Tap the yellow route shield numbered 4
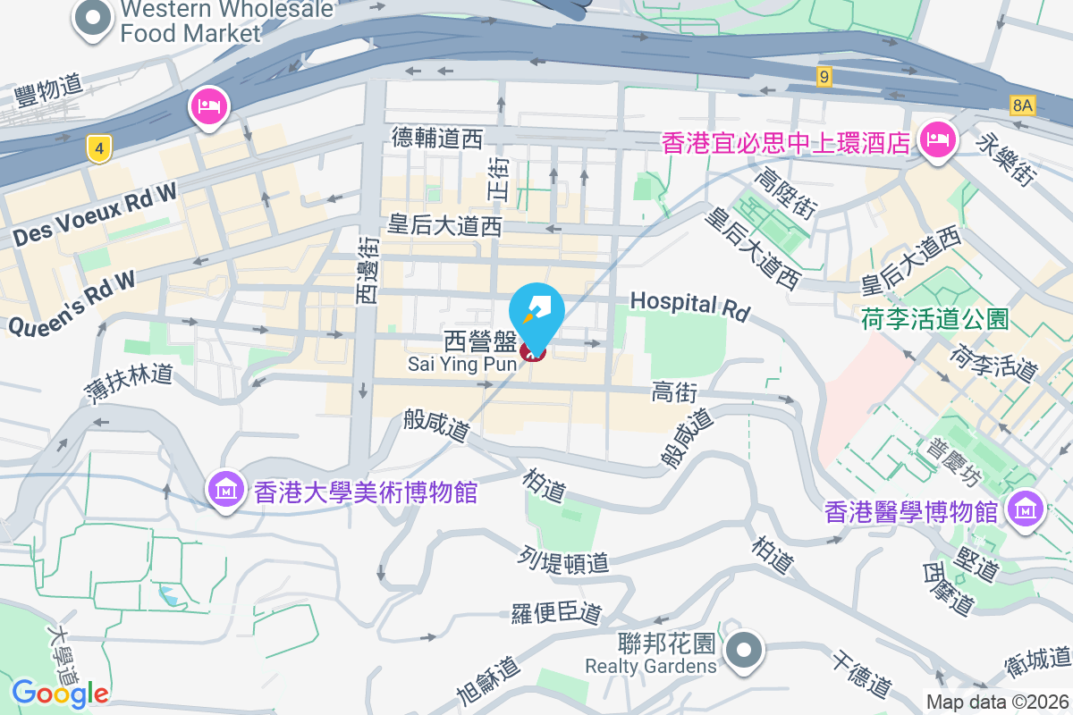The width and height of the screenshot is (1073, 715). [98, 148]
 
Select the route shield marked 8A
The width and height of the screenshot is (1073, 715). [1022, 105]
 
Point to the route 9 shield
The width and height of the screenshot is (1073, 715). [824, 78]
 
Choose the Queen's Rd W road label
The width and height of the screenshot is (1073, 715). [72, 304]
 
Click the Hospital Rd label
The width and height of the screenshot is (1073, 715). [689, 305]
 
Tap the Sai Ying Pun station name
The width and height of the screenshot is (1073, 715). [461, 364]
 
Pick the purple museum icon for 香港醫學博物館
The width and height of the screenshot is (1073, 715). [1023, 509]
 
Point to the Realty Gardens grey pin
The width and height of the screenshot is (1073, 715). [744, 651]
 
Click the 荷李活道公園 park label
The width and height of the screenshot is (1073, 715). [935, 318]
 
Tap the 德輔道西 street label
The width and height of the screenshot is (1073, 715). [437, 138]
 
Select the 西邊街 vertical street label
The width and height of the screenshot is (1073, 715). [368, 268]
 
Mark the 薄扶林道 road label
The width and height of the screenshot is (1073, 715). [131, 383]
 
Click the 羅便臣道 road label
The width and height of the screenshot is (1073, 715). [556, 614]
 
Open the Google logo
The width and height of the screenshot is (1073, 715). [60, 693]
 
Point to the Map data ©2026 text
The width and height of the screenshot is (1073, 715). [997, 702]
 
